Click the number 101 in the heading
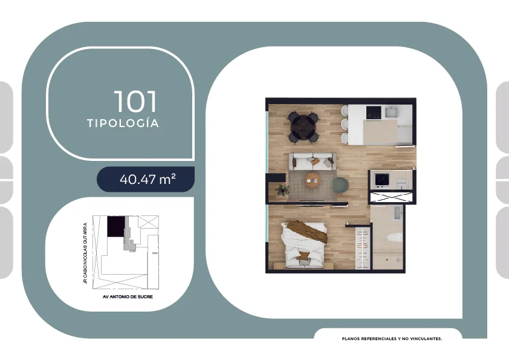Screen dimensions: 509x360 (135, 102)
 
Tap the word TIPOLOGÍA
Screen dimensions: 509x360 (123, 123)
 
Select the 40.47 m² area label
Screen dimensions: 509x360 (148, 179)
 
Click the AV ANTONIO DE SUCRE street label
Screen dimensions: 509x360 (128, 296)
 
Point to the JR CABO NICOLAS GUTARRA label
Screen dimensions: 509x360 (85, 253)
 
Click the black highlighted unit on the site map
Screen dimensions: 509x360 (116, 226)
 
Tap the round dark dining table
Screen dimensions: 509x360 (303, 127)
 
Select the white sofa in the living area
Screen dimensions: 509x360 (313, 161)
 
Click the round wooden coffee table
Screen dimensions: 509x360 (313, 179)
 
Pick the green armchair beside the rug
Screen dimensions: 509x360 (340, 185)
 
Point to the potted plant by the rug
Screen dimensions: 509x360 (282, 189)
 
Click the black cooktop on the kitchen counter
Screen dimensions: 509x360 (374, 113)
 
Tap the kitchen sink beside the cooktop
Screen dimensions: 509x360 (391, 113)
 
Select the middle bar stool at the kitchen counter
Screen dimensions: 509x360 (345, 124)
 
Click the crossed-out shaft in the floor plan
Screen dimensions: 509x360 (391, 197)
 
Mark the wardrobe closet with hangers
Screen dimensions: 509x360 (363, 248)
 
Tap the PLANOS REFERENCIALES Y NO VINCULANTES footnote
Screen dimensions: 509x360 (392, 339)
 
